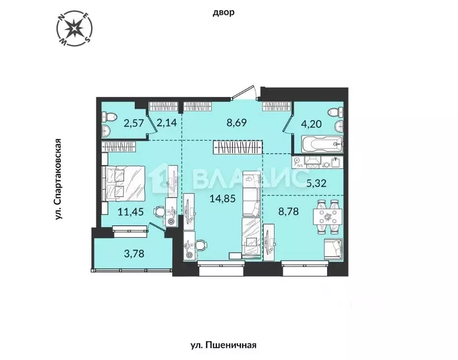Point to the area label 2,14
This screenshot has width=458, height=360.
(x=166, y=123)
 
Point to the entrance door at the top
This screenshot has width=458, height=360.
(x=244, y=94)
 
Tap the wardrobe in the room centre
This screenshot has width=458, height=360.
(x=238, y=147)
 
